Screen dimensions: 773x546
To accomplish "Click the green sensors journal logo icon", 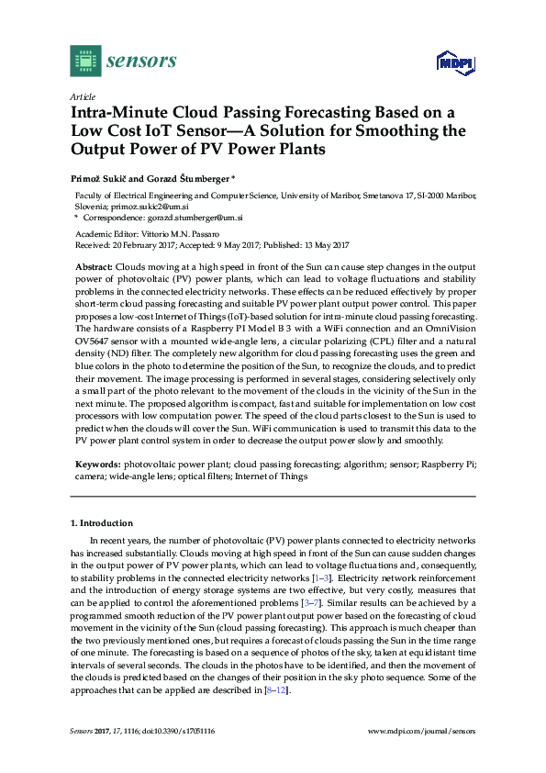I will [x=84, y=61].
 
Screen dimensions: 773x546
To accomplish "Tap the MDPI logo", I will [x=454, y=63].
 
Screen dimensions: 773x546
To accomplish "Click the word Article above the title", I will [x=82, y=95].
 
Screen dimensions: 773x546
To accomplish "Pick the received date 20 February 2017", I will [x=139, y=245].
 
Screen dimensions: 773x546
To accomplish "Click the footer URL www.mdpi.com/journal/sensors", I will [x=421, y=732].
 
